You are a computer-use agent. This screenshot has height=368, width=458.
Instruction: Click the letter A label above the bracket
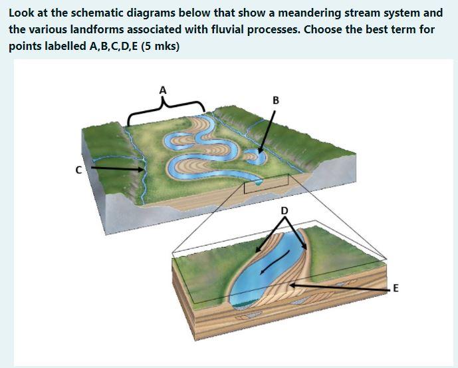[163, 89]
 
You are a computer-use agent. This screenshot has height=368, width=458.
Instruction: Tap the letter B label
[276, 101]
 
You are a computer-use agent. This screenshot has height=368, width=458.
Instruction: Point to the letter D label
[285, 210]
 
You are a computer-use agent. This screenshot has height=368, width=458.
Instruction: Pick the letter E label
[396, 288]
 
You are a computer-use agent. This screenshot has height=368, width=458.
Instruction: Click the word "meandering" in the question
[312, 13]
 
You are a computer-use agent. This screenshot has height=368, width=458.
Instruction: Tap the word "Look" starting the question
[23, 13]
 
